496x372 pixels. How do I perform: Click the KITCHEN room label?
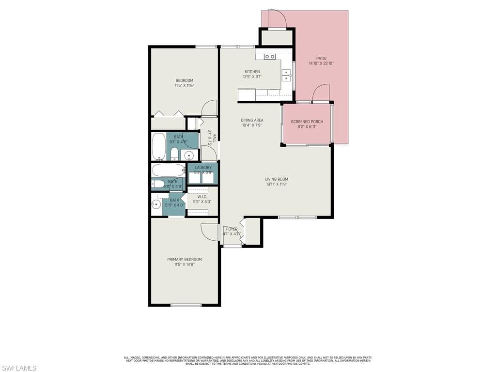252,72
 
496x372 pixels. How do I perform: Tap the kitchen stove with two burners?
270,57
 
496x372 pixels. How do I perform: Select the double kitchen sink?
287,76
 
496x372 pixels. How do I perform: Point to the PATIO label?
321,58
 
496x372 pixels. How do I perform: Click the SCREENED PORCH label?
307,122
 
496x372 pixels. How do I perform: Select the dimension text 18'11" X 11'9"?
277,184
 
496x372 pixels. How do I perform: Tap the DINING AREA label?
252,120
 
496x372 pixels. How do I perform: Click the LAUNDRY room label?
203,168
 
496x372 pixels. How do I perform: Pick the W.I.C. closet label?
202,197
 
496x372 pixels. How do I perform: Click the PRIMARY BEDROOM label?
185,260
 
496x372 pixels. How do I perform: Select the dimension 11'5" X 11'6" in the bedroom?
184,86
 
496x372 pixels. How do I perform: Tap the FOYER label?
232,229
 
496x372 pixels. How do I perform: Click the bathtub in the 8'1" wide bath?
159,146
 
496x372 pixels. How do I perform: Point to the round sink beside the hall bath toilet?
189,155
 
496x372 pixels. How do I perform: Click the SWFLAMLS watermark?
18,368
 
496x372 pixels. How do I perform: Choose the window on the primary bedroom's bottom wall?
186,305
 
